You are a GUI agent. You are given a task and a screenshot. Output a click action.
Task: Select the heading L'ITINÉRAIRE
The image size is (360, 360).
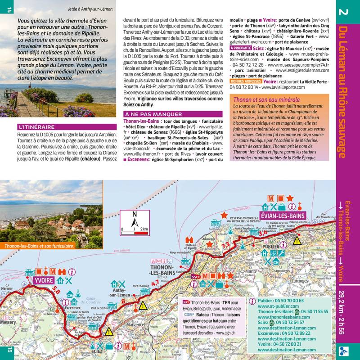point(36,127)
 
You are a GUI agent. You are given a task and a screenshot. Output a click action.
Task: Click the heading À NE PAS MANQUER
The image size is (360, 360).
point(153,114)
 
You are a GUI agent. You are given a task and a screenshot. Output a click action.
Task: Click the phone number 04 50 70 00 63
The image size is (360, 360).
point(288,301)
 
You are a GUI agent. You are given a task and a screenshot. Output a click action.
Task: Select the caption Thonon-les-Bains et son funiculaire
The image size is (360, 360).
point(39,246)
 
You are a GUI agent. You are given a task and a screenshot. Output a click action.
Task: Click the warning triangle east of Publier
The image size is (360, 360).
point(297,240)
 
